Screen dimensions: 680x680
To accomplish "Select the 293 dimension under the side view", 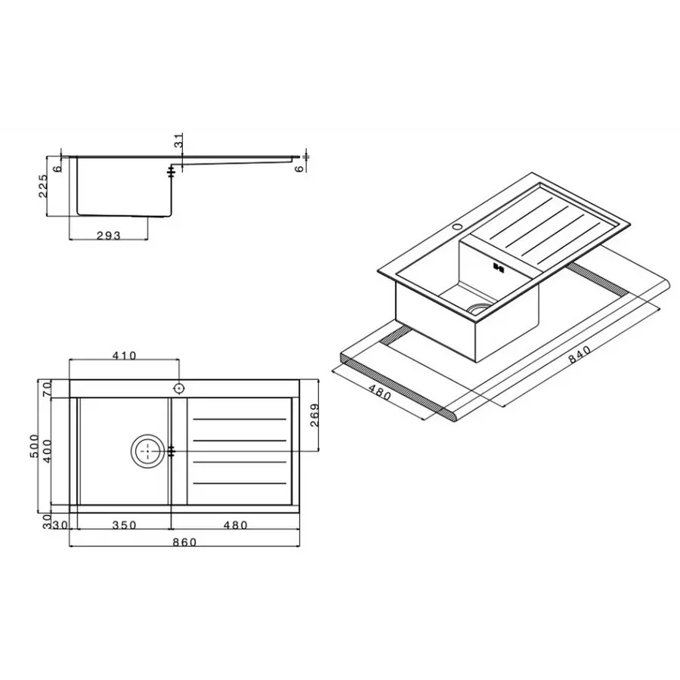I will pyautogui.click(x=109, y=236).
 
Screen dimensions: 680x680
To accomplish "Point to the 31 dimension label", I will pyautogui.click(x=178, y=141).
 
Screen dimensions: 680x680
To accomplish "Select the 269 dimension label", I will pyautogui.click(x=315, y=416).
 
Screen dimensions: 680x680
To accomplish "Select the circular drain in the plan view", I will pyautogui.click(x=147, y=451).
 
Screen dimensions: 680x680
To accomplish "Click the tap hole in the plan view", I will pyautogui.click(x=179, y=388).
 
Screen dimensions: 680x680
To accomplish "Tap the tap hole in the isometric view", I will pyautogui.click(x=457, y=226).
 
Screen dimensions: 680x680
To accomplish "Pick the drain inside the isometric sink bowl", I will pyautogui.click(x=478, y=307).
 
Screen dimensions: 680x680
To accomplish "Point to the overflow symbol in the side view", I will pyautogui.click(x=173, y=172).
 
